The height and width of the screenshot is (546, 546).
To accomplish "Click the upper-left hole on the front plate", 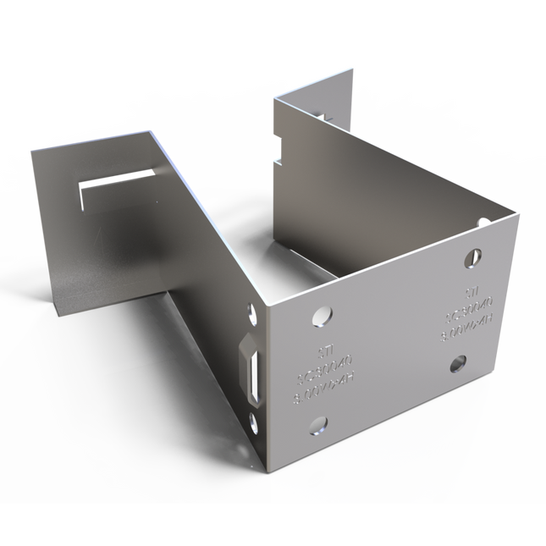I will click(321, 315).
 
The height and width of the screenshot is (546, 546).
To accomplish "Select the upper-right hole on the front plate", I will click(474, 256).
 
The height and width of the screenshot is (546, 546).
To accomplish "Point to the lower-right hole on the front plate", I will click(457, 364).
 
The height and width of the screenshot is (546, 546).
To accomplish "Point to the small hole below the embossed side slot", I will click(251, 421).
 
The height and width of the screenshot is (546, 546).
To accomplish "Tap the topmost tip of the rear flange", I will click(350, 70).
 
